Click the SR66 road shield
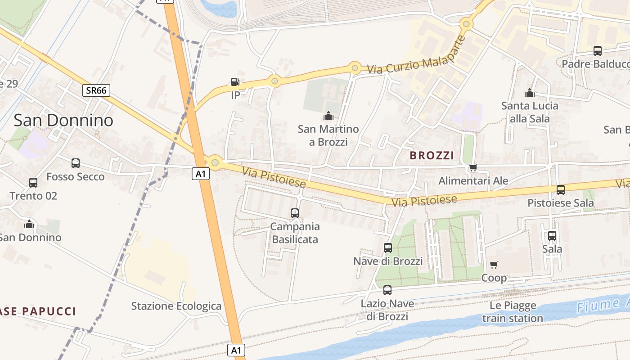(96, 90)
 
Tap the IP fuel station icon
(235, 82)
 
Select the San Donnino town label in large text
(63, 120)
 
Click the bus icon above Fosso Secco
(76, 163)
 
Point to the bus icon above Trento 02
(33, 183)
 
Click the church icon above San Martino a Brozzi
(328, 116)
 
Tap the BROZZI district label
(432, 156)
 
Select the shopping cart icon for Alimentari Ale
(473, 168)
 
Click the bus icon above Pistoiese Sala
(561, 190)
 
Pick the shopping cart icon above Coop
(494, 265)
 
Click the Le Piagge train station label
(513, 312)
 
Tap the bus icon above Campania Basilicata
(295, 213)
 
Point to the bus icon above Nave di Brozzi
(388, 248)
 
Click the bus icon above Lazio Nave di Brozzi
(387, 290)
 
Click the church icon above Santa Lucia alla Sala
(530, 93)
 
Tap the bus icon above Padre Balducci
(598, 51)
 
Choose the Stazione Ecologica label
(176, 306)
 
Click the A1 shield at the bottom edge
(237, 350)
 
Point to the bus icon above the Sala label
(552, 235)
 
